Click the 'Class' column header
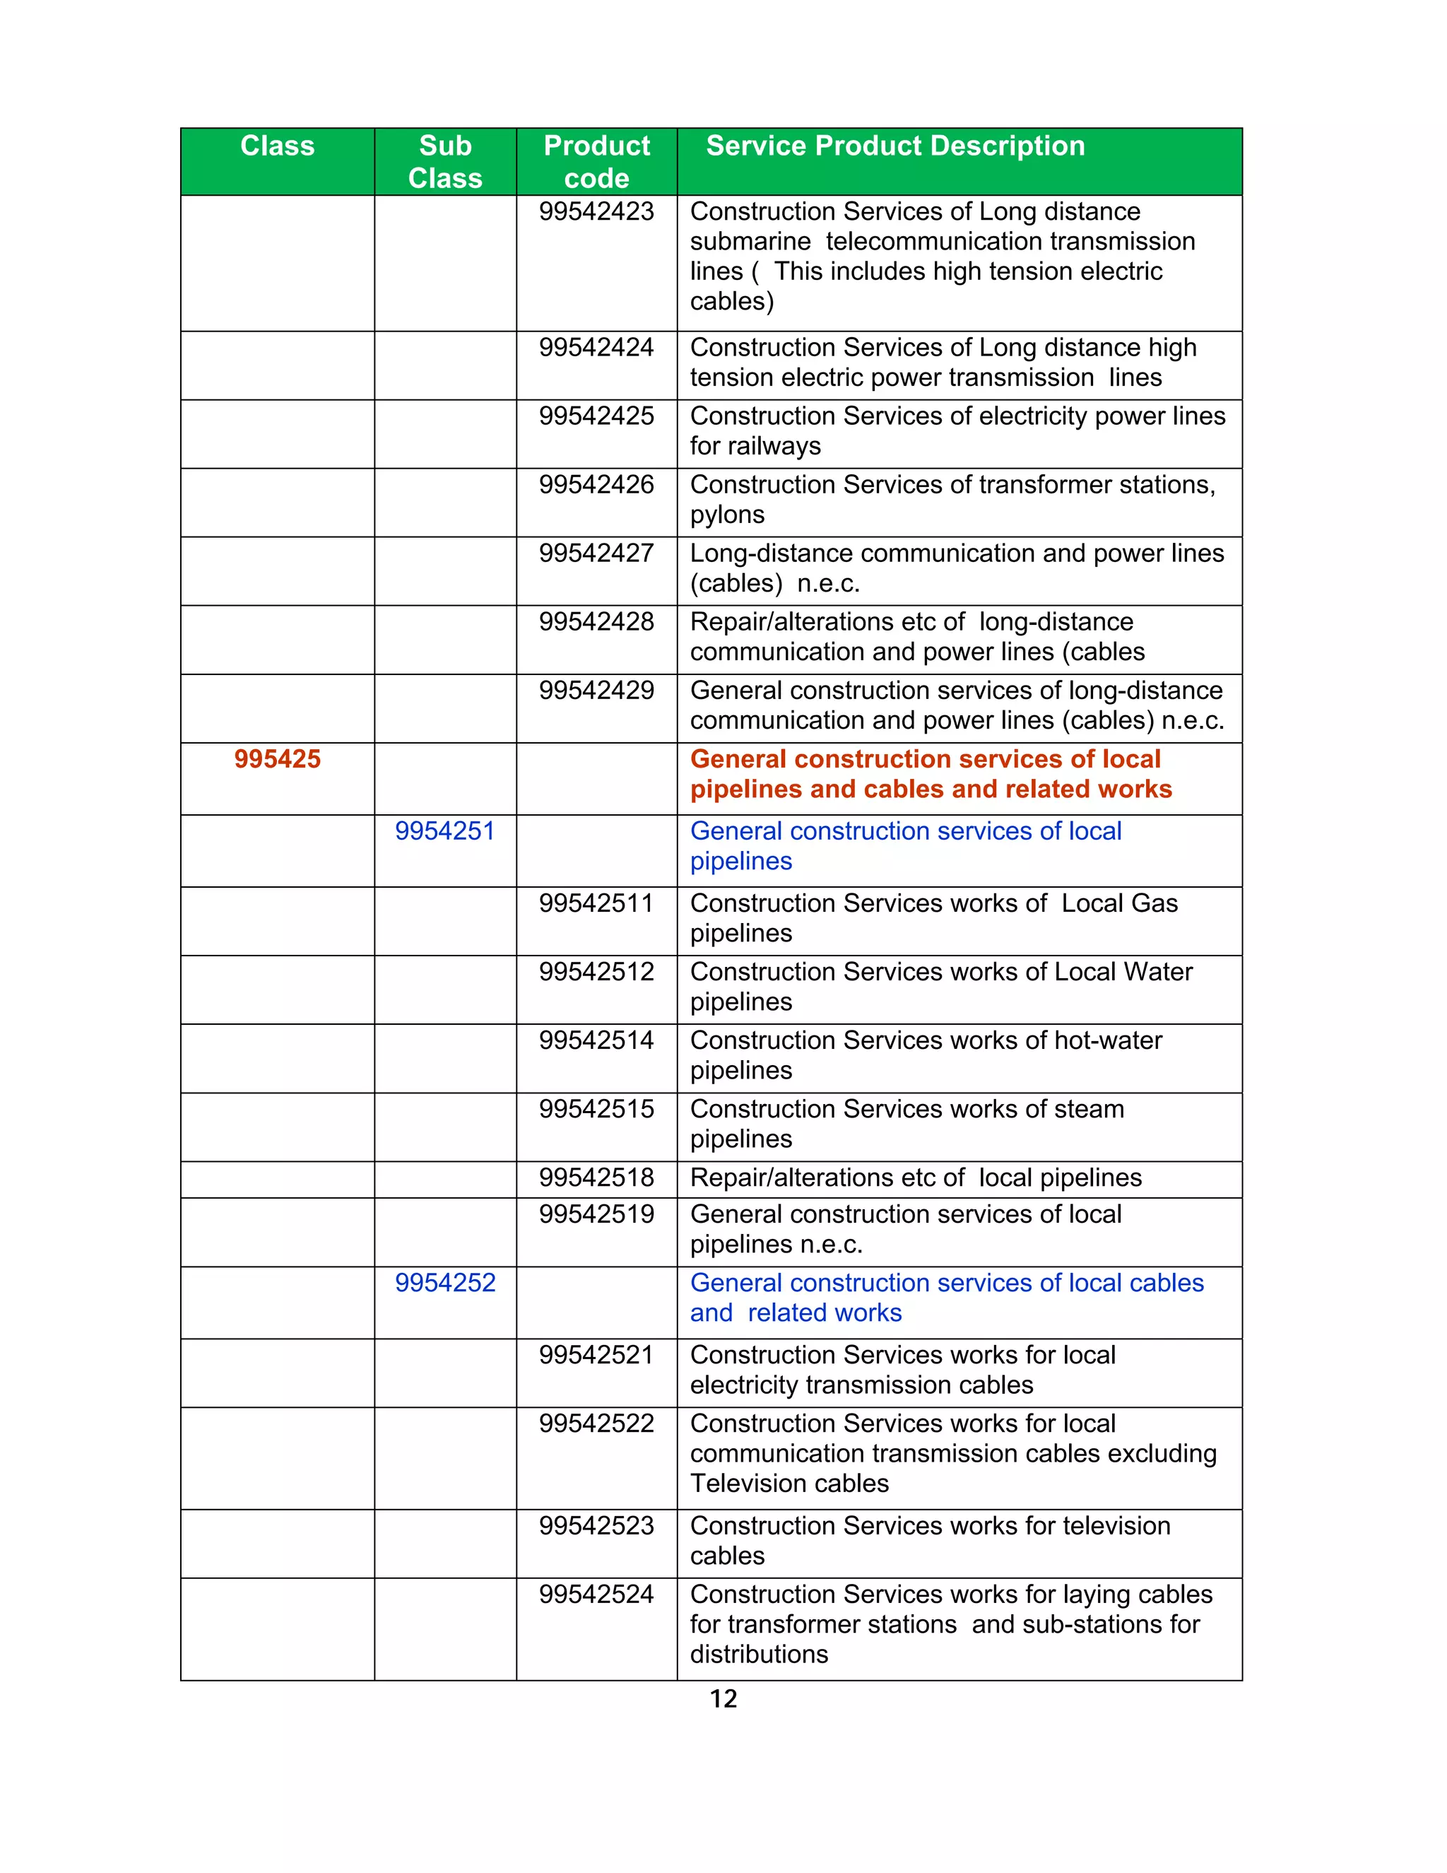(277, 146)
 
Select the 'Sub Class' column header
(445, 162)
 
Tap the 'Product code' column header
(596, 162)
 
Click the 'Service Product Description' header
(895, 146)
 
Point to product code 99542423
(596, 212)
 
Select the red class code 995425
(277, 759)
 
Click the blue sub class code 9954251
(445, 831)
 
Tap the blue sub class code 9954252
(445, 1283)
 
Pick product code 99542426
(596, 485)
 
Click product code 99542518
(596, 1178)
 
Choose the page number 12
(723, 1699)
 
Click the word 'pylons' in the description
(727, 515)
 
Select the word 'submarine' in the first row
(750, 242)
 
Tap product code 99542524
(596, 1595)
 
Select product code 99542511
(596, 903)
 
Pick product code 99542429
(596, 691)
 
